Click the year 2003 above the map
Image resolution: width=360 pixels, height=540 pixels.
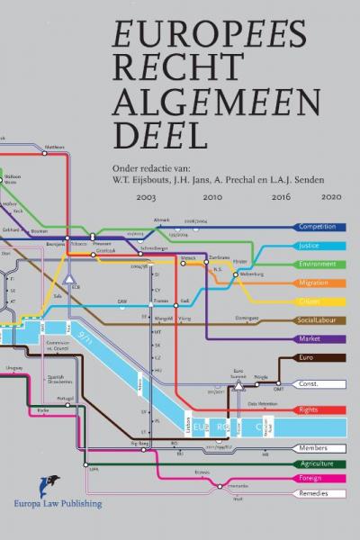[x=147, y=195]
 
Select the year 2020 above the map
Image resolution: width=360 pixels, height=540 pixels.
[x=331, y=195]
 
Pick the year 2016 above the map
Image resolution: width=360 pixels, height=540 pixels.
[x=281, y=195]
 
